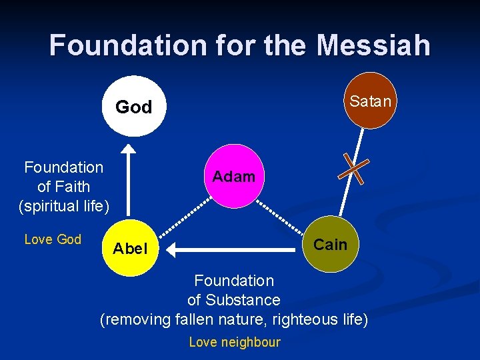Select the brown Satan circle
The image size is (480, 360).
(364, 101)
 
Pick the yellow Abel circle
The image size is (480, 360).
(131, 249)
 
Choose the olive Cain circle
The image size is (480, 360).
(329, 245)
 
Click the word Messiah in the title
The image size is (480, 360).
(373, 45)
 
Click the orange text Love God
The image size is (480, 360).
(53, 239)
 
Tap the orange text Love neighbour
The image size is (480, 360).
(235, 342)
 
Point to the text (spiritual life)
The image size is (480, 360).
(64, 206)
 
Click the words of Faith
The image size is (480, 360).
(64, 187)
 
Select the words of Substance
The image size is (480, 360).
(233, 300)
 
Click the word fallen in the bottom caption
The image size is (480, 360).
(197, 320)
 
